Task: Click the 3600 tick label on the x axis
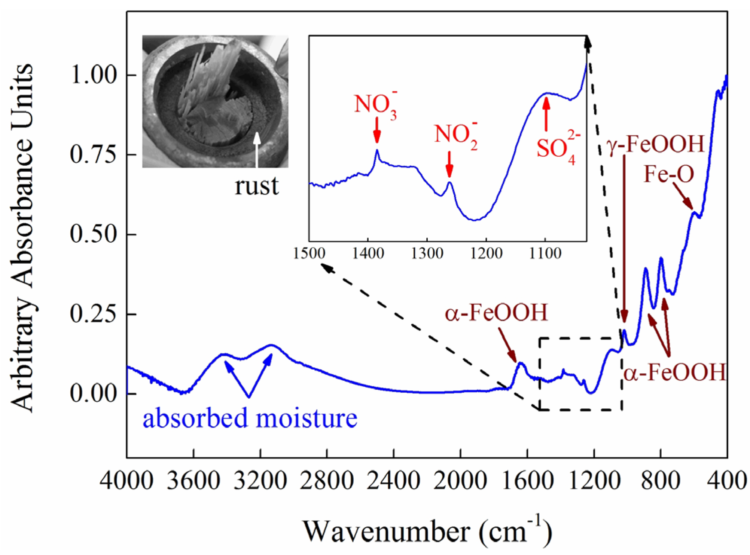click(193, 481)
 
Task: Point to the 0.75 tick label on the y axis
click(94, 154)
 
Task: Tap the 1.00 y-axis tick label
click(94, 75)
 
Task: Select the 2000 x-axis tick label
click(460, 481)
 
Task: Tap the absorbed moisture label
click(250, 418)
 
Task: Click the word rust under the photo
click(257, 186)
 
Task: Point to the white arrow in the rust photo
click(257, 150)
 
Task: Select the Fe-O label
click(669, 174)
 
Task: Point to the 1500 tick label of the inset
click(309, 254)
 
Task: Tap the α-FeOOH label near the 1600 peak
click(496, 313)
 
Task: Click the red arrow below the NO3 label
click(377, 130)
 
